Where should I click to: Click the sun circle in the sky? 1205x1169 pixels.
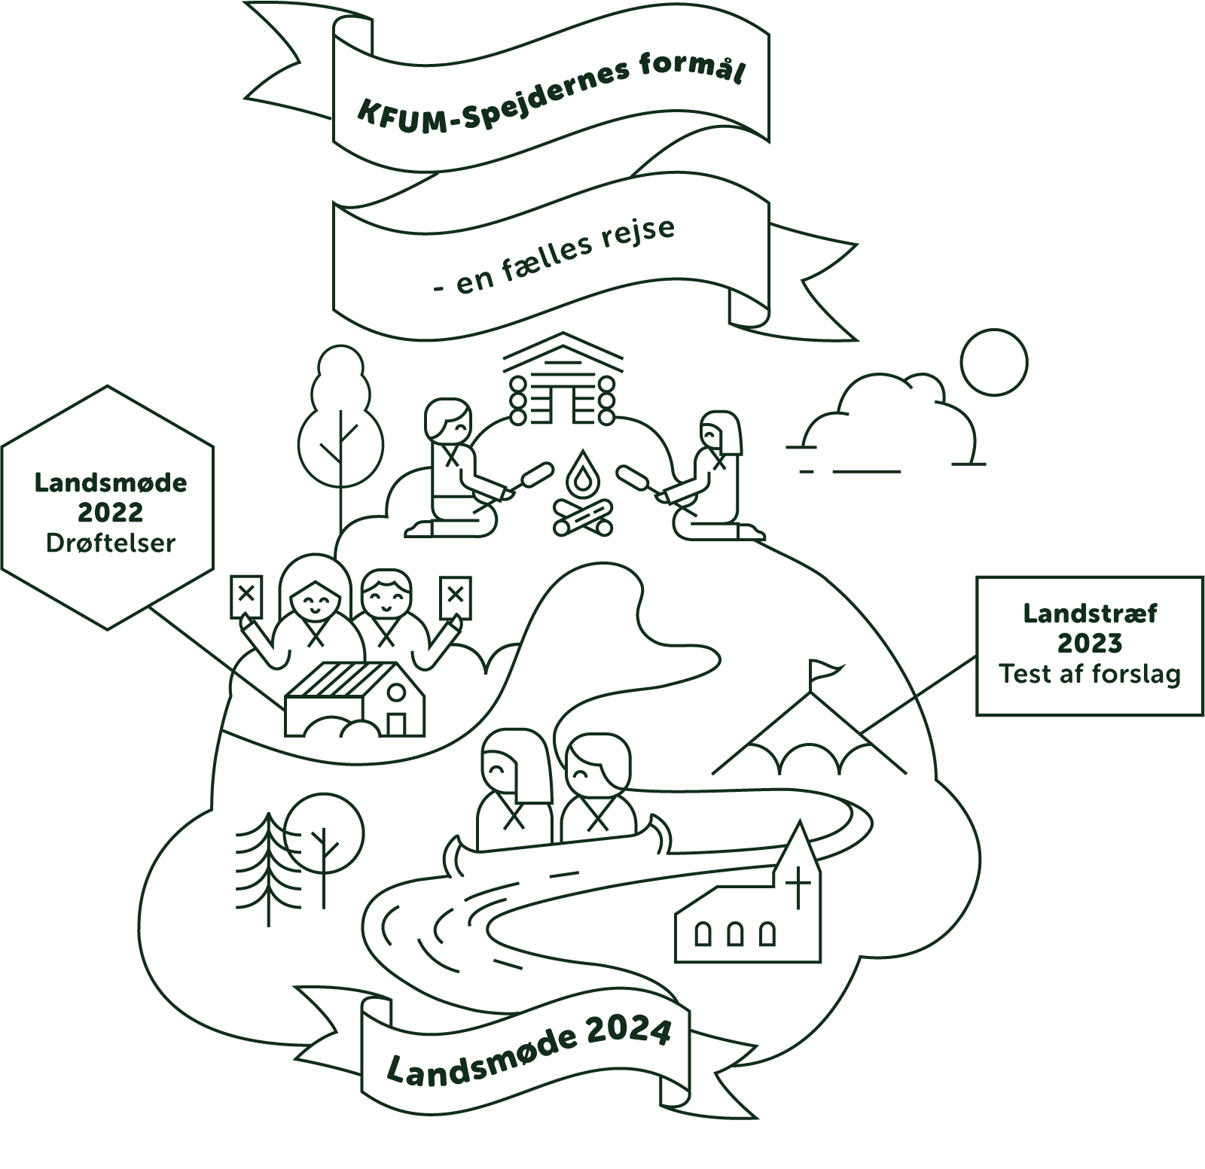pyautogui.click(x=994, y=362)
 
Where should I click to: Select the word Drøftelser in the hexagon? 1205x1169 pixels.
pyautogui.click(x=111, y=543)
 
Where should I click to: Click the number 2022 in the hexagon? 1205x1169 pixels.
pyautogui.click(x=111, y=513)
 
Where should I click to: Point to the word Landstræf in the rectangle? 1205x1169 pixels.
pyautogui.click(x=1089, y=613)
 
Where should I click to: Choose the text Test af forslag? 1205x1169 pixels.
pyautogui.click(x=1089, y=674)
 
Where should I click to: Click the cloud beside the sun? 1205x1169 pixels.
pyautogui.click(x=889, y=422)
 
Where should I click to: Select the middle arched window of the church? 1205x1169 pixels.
pyautogui.click(x=735, y=934)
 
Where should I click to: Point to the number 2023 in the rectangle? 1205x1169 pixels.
pyautogui.click(x=1089, y=644)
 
